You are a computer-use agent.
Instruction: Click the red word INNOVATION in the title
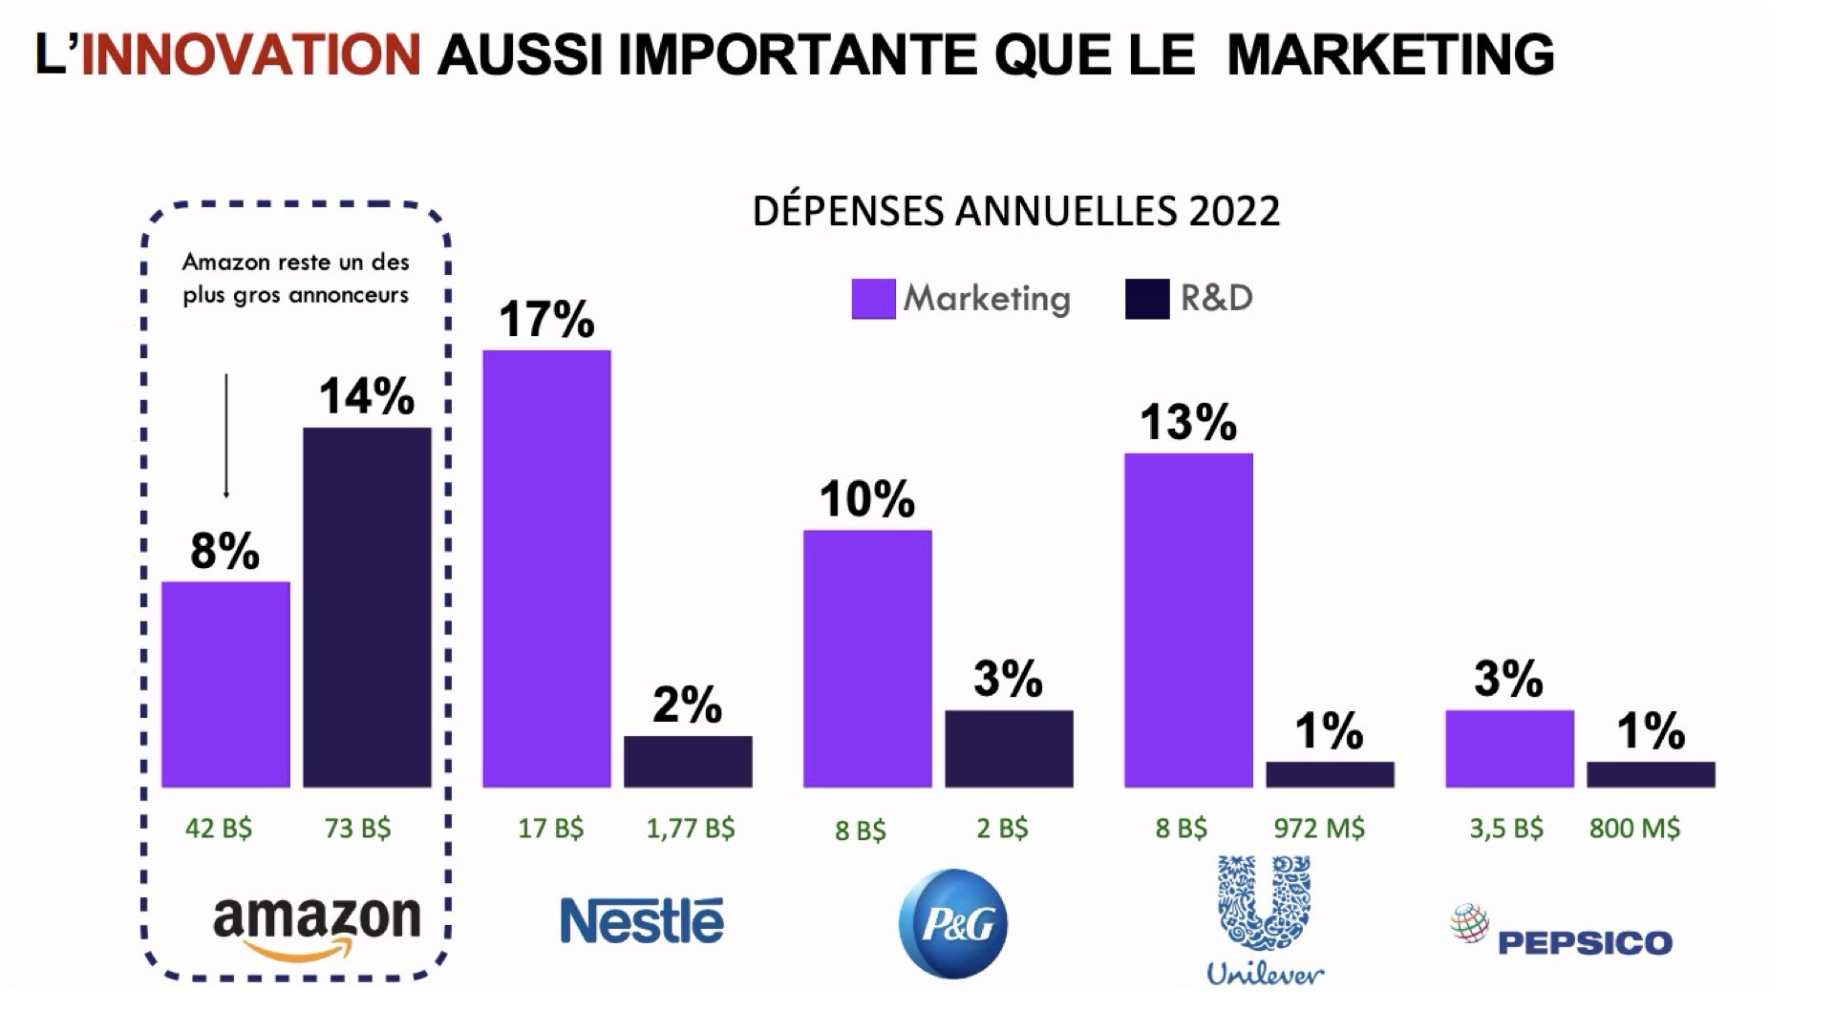click(x=250, y=53)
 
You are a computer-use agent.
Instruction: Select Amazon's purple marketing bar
click(x=225, y=684)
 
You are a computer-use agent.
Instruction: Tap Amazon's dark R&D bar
click(x=367, y=607)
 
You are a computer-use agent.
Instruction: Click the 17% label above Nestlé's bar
click(x=546, y=319)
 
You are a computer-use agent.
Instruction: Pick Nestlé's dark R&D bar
click(x=688, y=762)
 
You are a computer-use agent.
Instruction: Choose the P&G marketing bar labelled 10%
click(x=867, y=659)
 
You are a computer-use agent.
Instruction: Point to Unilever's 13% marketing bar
click(x=1188, y=621)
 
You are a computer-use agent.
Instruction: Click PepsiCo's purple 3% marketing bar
click(x=1509, y=748)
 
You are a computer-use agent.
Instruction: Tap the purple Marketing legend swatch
click(x=873, y=299)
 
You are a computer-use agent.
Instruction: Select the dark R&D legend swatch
click(x=1147, y=299)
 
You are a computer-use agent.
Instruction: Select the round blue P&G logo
click(x=953, y=923)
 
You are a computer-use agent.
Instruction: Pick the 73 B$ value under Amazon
click(x=357, y=828)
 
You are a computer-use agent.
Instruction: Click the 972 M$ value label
click(x=1319, y=828)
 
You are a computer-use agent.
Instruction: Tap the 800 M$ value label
click(x=1634, y=828)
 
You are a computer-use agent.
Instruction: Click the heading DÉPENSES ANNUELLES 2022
click(x=1015, y=211)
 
